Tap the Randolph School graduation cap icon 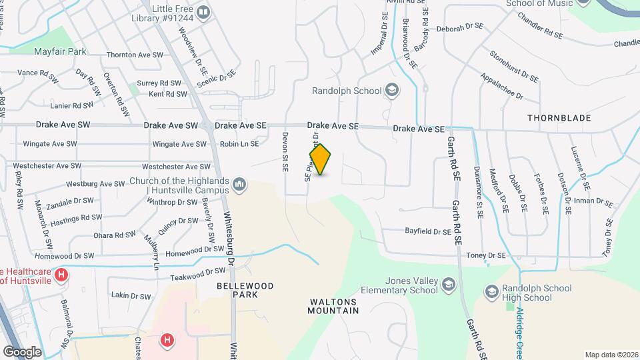pos(392,91)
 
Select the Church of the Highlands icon pos(240,183)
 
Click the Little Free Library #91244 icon pos(203,11)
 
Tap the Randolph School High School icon pos(491,291)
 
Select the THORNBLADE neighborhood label pos(559,118)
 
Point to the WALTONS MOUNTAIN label pos(333,306)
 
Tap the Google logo pos(22,351)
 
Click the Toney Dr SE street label pos(486,255)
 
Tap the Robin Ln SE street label pos(239,143)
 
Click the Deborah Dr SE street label pos(459,28)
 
